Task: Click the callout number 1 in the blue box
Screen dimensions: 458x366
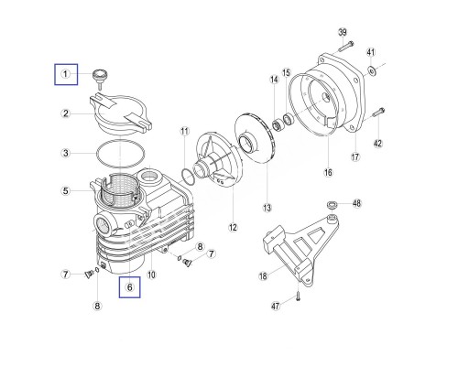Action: pos(66,74)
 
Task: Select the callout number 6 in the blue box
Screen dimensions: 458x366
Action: pos(130,287)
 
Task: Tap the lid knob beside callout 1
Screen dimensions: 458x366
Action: pos(99,79)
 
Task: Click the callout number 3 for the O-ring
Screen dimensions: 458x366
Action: pos(66,153)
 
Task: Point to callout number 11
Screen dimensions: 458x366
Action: pos(185,132)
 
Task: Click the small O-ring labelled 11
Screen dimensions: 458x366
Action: pos(188,178)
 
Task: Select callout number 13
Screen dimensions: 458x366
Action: pos(267,208)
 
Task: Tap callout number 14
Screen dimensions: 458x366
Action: pos(274,80)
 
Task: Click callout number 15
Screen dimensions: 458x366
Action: pos(286,73)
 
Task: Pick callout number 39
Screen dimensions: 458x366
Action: pos(343,32)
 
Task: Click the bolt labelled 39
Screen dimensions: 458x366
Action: pos(346,46)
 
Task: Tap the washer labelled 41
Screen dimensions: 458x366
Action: pos(372,71)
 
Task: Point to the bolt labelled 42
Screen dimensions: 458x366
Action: pos(378,113)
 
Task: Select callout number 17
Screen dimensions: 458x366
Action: pos(355,157)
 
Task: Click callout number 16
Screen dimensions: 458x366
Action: pos(328,173)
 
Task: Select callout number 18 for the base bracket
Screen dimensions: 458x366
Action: pos(263,276)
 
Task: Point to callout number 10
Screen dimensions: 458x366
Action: pos(152,275)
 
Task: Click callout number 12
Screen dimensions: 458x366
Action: pos(233,227)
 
